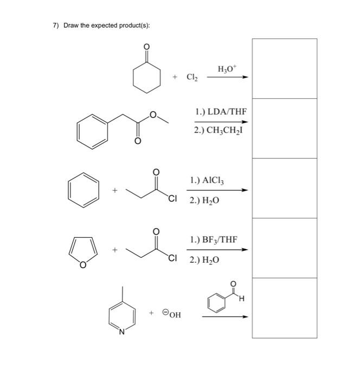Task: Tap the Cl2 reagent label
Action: tap(192, 78)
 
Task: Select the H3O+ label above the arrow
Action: tap(226, 69)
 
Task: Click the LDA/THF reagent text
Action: tap(221, 112)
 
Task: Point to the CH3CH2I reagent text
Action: tap(219, 130)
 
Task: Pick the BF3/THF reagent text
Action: tap(213, 239)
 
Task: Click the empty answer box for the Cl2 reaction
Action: tap(284, 68)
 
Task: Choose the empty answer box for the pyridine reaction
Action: tap(284, 308)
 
